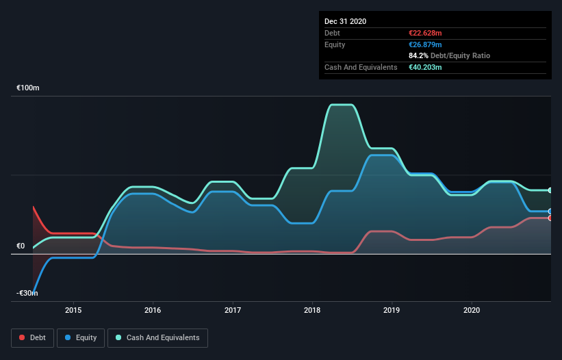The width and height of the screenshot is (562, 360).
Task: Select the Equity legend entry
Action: (81, 337)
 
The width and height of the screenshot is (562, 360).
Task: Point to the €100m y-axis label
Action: (28, 88)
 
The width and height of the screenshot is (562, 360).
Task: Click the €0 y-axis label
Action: (21, 246)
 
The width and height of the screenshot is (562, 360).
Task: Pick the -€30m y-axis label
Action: (27, 293)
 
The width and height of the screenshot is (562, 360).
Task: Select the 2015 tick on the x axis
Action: (73, 309)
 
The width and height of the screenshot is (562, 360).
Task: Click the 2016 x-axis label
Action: (153, 309)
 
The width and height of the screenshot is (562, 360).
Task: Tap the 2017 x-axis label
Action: (233, 309)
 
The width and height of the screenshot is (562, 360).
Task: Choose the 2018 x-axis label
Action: (312, 309)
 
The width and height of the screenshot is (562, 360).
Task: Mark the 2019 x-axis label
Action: (392, 309)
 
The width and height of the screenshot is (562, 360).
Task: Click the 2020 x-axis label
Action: (472, 309)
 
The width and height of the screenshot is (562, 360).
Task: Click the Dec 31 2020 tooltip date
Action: (345, 21)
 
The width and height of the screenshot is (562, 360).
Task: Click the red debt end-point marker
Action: (550, 218)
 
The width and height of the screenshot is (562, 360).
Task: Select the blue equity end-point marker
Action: (550, 211)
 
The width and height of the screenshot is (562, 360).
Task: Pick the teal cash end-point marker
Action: (550, 190)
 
